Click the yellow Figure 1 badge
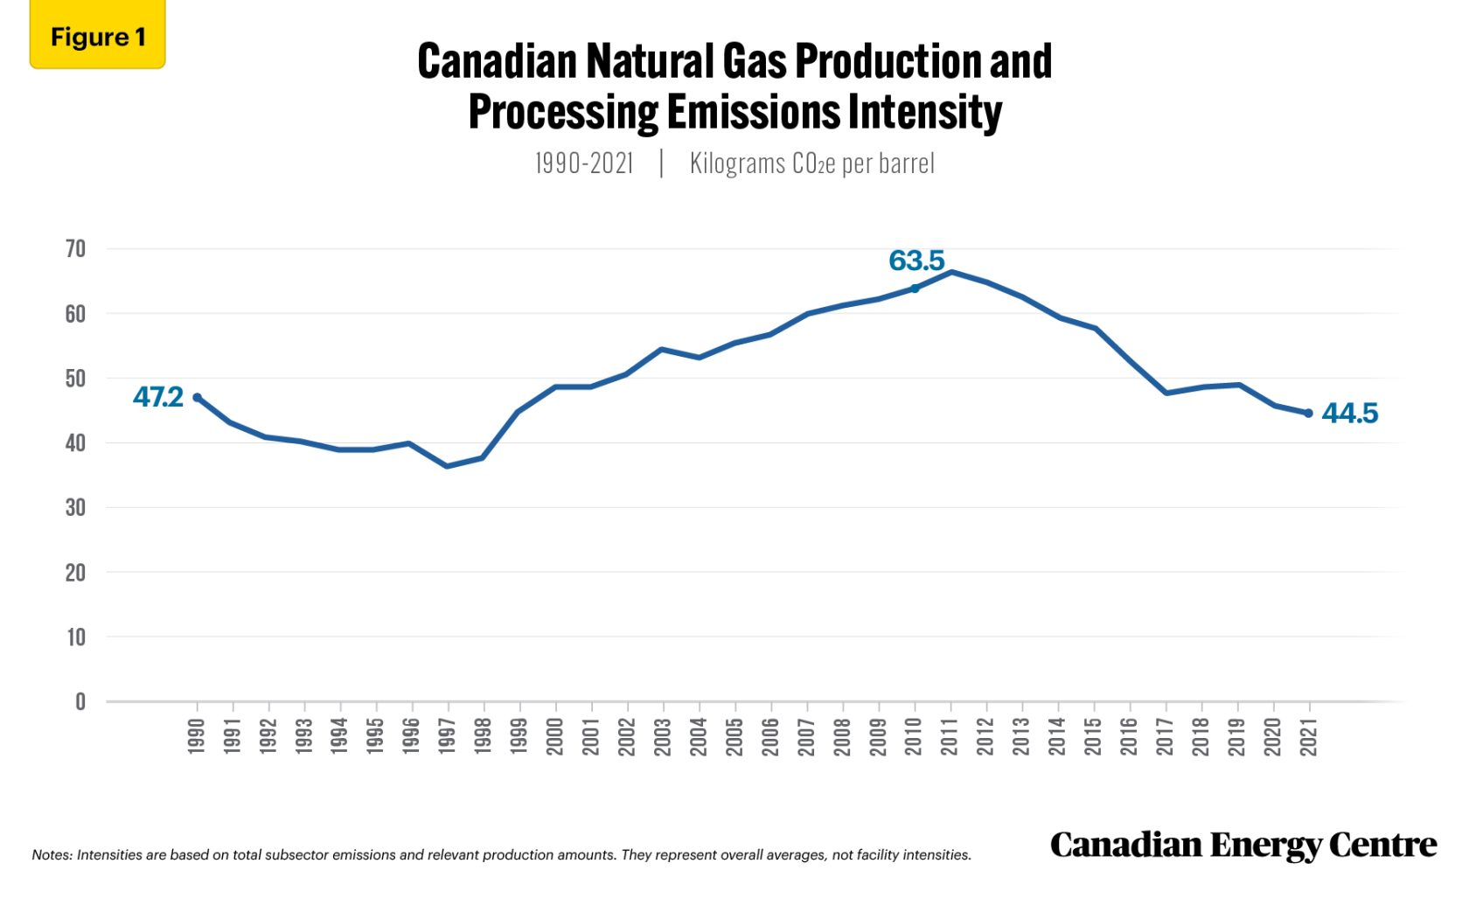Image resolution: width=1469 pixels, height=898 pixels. click(x=97, y=37)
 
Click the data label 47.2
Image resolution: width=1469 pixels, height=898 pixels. click(x=158, y=397)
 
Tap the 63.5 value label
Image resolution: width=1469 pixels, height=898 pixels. click(x=916, y=261)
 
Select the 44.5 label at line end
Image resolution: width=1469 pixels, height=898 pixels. click(x=1349, y=413)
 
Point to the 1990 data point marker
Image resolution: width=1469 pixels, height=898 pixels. click(x=197, y=398)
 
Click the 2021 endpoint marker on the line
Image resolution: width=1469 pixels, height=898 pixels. click(x=1309, y=414)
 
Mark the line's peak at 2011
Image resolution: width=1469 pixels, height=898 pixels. click(x=951, y=272)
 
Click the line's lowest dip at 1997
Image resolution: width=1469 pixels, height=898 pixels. click(x=447, y=466)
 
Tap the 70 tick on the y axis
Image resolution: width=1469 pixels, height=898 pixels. click(x=76, y=249)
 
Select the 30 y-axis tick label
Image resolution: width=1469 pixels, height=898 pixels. click(x=76, y=508)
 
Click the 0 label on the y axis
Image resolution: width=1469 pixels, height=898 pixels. click(x=80, y=702)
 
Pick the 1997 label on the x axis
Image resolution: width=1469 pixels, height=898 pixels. click(x=447, y=735)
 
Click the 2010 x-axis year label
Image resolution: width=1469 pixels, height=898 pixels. click(x=914, y=735)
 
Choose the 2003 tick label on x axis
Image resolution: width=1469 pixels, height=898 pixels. click(x=663, y=735)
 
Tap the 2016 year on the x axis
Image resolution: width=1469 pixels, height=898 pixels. click(x=1130, y=735)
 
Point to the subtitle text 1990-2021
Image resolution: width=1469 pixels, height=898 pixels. click(x=584, y=164)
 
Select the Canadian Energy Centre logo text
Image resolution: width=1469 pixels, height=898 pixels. click(x=1243, y=845)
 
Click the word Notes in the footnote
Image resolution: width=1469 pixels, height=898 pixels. click(x=52, y=855)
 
